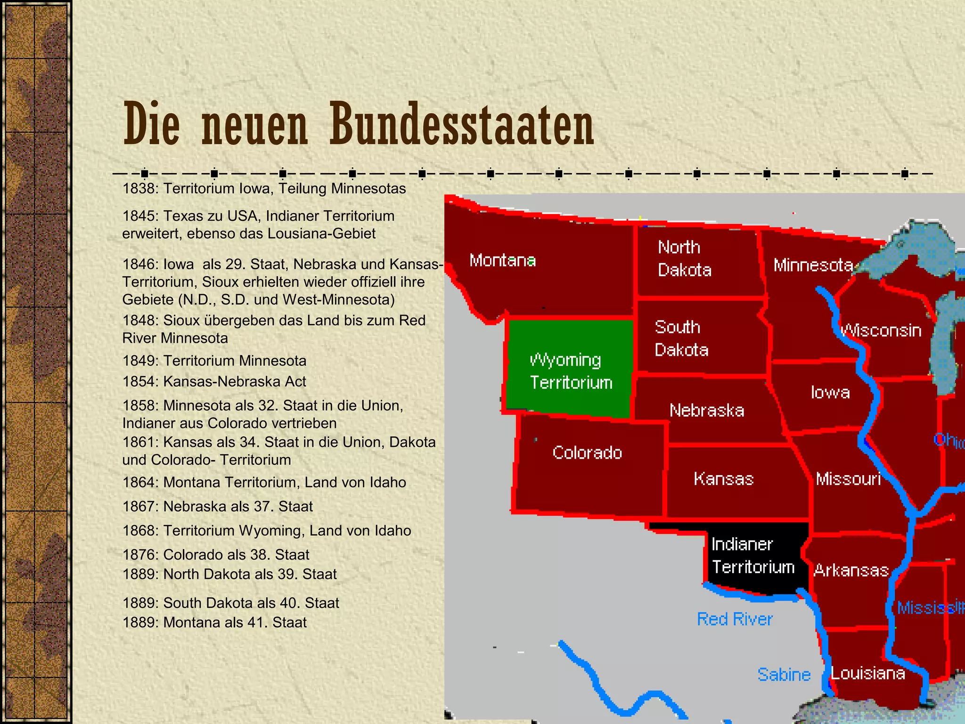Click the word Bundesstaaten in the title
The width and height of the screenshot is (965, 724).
[x=462, y=124]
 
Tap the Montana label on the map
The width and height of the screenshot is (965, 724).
[x=502, y=260]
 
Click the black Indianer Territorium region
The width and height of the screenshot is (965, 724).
[x=753, y=556]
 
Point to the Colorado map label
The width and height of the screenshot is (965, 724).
[x=587, y=452]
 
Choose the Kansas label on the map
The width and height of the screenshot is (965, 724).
[x=723, y=479]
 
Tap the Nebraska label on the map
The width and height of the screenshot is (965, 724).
[x=707, y=410]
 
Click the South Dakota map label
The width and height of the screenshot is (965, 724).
[x=681, y=338]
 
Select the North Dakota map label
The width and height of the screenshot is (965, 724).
[x=684, y=258]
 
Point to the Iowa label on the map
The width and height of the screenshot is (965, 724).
[x=830, y=392]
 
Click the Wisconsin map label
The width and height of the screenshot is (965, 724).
[x=881, y=330]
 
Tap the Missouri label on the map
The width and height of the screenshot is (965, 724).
[x=848, y=479]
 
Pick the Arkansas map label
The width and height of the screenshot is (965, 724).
[x=851, y=570]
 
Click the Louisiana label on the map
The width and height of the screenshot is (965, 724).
[x=867, y=673]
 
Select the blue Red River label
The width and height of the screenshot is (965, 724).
[x=735, y=619]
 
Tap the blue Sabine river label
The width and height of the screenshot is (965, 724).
[x=784, y=675]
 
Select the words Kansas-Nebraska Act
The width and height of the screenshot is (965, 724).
[x=235, y=381]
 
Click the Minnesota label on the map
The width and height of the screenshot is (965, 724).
[x=813, y=265]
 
